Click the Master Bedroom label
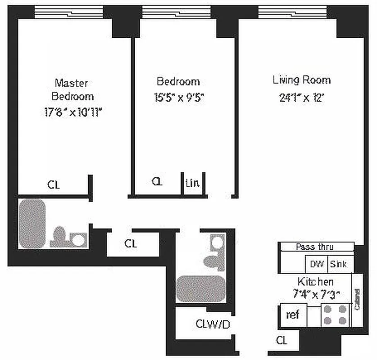tap(72, 89)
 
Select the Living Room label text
tap(301, 80)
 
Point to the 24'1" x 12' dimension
tap(301, 97)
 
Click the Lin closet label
tap(192, 184)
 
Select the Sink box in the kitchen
tap(339, 264)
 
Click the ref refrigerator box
tap(293, 315)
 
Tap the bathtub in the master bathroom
tap(32, 224)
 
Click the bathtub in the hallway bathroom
tap(200, 288)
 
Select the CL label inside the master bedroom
tap(53, 184)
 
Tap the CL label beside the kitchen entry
tap(282, 341)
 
